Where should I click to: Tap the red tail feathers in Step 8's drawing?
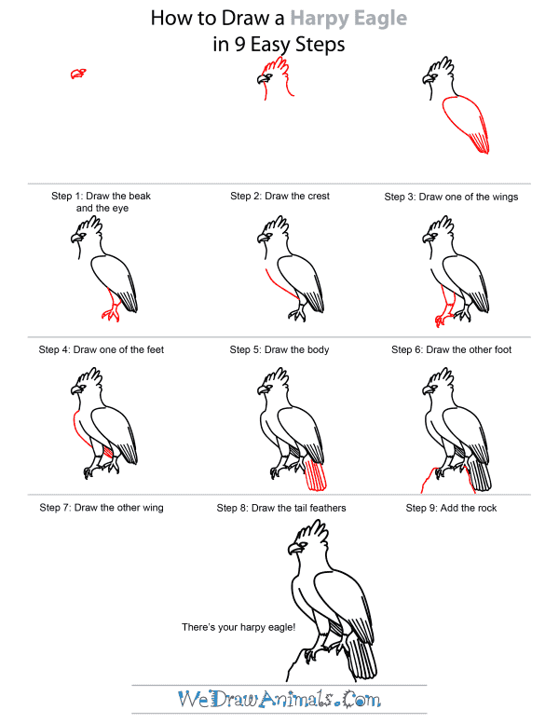pyautogui.click(x=317, y=474)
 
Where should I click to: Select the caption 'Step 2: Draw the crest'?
pyautogui.click(x=279, y=197)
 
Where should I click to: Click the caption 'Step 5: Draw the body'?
pyautogui.click(x=279, y=349)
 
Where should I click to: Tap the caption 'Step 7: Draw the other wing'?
pyautogui.click(x=102, y=508)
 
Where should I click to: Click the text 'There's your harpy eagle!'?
pyautogui.click(x=239, y=627)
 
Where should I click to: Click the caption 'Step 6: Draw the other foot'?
pyautogui.click(x=452, y=349)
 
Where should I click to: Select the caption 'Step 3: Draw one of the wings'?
pyautogui.click(x=452, y=197)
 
